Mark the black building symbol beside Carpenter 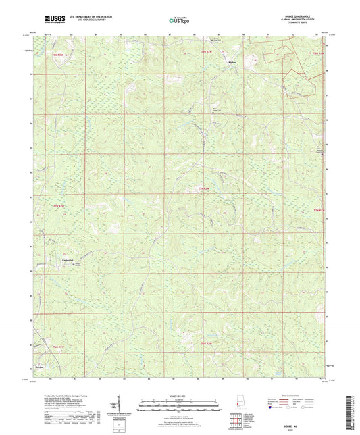(75, 263)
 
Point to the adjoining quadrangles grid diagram (236, 419)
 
